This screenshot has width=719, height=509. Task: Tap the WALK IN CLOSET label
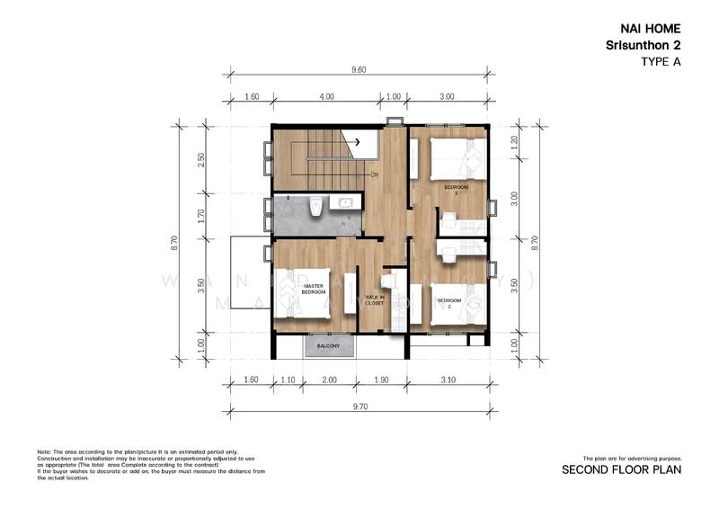[x=374, y=301]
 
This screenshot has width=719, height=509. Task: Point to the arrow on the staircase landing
[x=357, y=141]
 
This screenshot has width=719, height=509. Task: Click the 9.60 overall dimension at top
[x=359, y=68]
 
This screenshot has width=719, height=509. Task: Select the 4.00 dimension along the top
[x=326, y=96]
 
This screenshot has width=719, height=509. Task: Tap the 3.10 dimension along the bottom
[x=450, y=380]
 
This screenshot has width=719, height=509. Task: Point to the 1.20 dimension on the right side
[x=515, y=141]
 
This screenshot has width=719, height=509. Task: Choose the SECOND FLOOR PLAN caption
[x=621, y=469]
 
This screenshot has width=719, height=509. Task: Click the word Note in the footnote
[x=44, y=451]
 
